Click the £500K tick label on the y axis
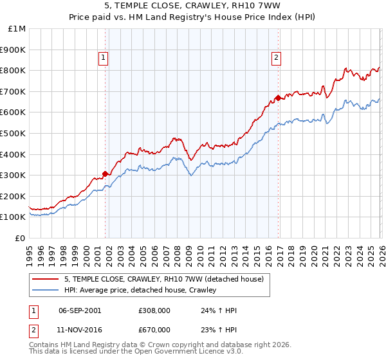click(13, 133)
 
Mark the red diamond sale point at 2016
click(278, 98)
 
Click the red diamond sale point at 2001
click(106, 174)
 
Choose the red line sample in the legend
click(46, 279)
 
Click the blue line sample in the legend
click(46, 290)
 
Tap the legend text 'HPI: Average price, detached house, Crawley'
click(140, 290)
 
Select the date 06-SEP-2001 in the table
click(79, 310)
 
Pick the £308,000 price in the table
click(153, 310)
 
